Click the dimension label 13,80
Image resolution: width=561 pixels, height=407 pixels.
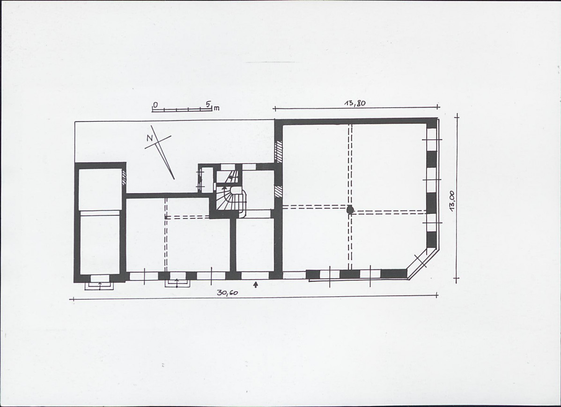(355, 104)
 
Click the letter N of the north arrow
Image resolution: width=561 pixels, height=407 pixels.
(150, 138)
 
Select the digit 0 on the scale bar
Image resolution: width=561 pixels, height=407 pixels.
(155, 104)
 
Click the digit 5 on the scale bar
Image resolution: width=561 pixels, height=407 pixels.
(207, 104)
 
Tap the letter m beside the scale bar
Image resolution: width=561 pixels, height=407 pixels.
(216, 108)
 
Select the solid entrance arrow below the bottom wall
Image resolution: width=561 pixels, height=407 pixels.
(255, 284)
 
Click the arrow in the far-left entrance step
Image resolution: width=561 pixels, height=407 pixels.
(99, 285)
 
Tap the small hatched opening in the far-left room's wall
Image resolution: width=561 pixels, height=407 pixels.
(124, 178)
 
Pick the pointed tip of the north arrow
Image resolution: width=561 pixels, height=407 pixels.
(174, 178)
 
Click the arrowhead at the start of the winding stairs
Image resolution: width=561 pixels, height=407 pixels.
(224, 187)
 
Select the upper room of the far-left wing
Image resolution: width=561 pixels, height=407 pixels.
(100, 189)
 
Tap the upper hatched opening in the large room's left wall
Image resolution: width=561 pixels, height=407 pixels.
(279, 151)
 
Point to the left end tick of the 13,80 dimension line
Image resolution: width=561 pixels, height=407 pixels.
(274, 108)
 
